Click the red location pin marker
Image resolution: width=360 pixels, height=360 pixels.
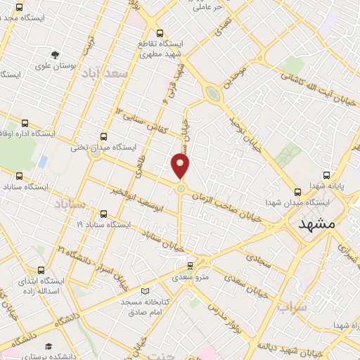pyautogui.click(x=181, y=166)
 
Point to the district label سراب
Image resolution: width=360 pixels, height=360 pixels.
pyautogui.click(x=292, y=307)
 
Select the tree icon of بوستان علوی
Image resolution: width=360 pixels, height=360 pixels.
pyautogui.click(x=56, y=55)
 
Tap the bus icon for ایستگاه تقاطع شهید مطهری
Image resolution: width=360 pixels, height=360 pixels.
pyautogui.click(x=160, y=32)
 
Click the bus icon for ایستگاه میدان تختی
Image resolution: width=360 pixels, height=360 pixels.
pyautogui.click(x=104, y=137)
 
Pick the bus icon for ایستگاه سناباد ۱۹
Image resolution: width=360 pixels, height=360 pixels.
pyautogui.click(x=104, y=214)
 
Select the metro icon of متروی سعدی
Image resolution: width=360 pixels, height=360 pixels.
pyautogui.click(x=190, y=266)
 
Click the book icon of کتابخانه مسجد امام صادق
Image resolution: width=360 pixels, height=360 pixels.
pyautogui.click(x=146, y=291)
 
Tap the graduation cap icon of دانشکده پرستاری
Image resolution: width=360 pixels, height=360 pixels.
pyautogui.click(x=49, y=346)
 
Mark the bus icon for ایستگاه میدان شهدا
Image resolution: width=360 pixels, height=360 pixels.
pyautogui.click(x=297, y=191)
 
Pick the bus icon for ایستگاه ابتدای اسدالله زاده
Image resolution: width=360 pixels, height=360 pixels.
pyautogui.click(x=41, y=269)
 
